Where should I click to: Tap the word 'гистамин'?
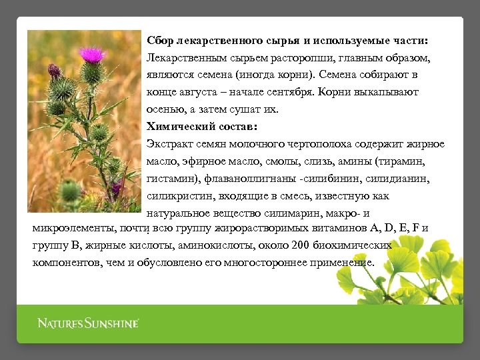169,179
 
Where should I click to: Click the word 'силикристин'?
175,196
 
